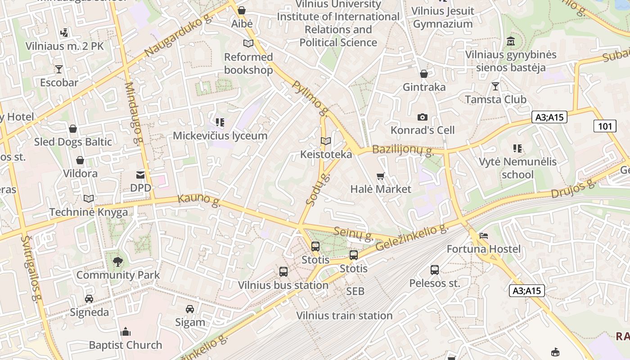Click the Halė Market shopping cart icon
(381, 176)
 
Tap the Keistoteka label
(326, 154)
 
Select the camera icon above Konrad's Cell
(422, 117)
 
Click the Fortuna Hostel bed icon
(484, 235)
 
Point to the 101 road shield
(605, 126)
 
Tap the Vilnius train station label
(344, 315)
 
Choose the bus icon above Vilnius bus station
(283, 272)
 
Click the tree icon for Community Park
(118, 261)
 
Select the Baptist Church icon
(126, 332)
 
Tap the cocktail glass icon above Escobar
(58, 69)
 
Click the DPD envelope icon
(140, 175)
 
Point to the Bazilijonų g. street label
(403, 150)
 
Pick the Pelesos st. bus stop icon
(434, 270)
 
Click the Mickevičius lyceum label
(220, 135)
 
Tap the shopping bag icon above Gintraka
(423, 74)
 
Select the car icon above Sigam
(190, 309)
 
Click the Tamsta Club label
(495, 99)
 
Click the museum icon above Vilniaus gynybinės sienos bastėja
(511, 41)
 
